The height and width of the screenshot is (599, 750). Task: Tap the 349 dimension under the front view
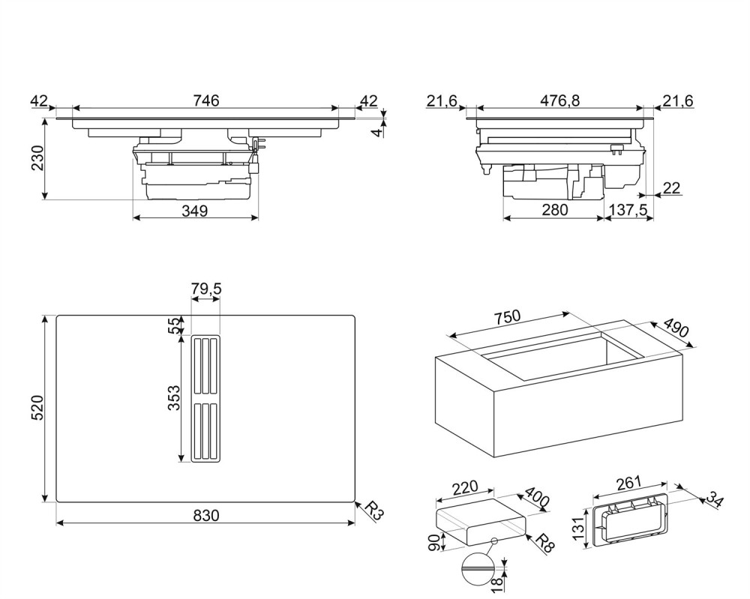pyautogui.click(x=194, y=211)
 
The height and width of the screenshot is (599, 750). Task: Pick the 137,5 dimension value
pyautogui.click(x=628, y=211)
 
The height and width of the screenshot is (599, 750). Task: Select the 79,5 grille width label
pyautogui.click(x=206, y=289)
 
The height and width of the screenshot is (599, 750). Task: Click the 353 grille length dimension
pyautogui.click(x=173, y=397)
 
